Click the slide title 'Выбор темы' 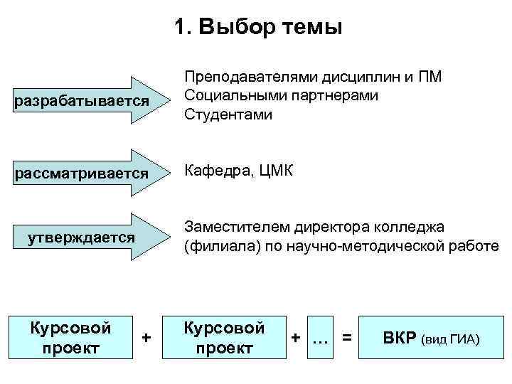(x=258, y=28)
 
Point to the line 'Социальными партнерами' (x=280, y=95)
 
